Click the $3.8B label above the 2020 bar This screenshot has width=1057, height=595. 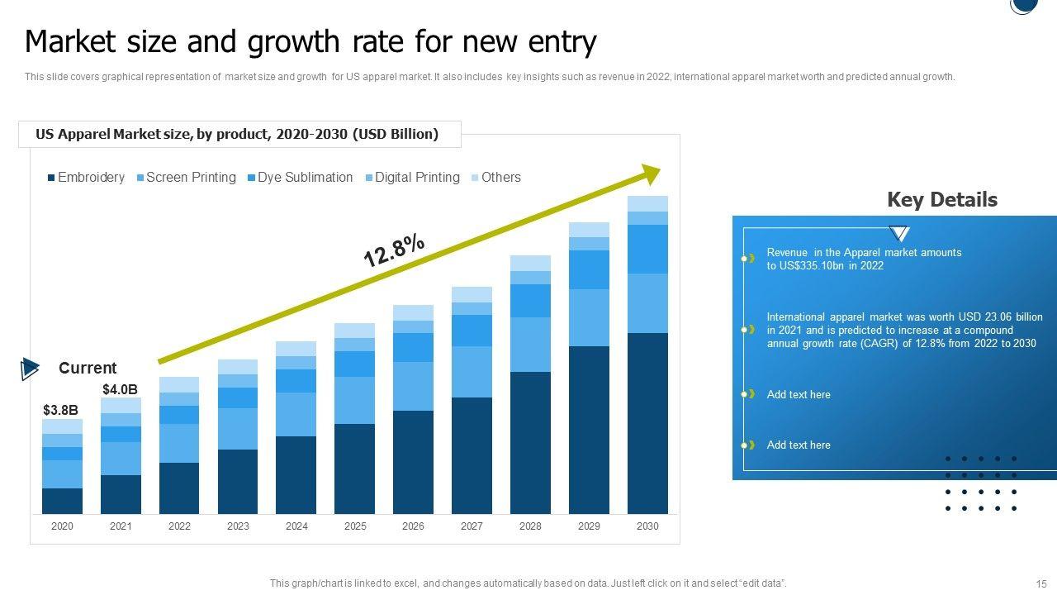tap(60, 410)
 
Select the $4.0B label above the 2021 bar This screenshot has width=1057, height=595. tap(120, 389)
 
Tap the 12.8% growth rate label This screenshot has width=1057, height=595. tap(394, 250)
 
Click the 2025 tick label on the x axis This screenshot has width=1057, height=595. tap(355, 526)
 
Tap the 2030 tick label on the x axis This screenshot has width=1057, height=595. tap(647, 526)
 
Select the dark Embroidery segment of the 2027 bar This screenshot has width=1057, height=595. tap(472, 455)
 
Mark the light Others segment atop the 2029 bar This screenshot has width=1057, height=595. tap(589, 230)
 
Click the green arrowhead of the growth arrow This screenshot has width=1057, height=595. tap(651, 174)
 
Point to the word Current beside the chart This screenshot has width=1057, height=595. tap(88, 369)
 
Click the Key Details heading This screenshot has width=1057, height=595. tap(941, 200)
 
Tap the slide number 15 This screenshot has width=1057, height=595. tap(1040, 583)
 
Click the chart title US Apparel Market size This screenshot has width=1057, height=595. tap(237, 134)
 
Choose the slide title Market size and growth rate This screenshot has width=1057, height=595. tap(310, 41)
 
